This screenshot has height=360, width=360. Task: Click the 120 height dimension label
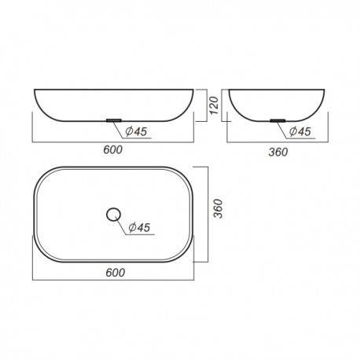tap(214, 105)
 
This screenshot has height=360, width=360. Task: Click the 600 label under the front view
tap(113, 150)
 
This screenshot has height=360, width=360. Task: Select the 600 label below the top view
tap(116, 273)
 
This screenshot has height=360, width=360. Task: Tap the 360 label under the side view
tap(278, 152)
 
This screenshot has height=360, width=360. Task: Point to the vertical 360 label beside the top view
tap(218, 208)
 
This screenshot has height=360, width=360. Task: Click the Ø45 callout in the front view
tap(136, 131)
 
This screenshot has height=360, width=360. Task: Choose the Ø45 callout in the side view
tap(300, 131)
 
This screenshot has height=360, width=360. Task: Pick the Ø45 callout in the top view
tap(139, 227)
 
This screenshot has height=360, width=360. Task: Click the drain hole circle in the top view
tap(113, 215)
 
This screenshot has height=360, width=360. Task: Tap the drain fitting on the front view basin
tap(113, 120)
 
